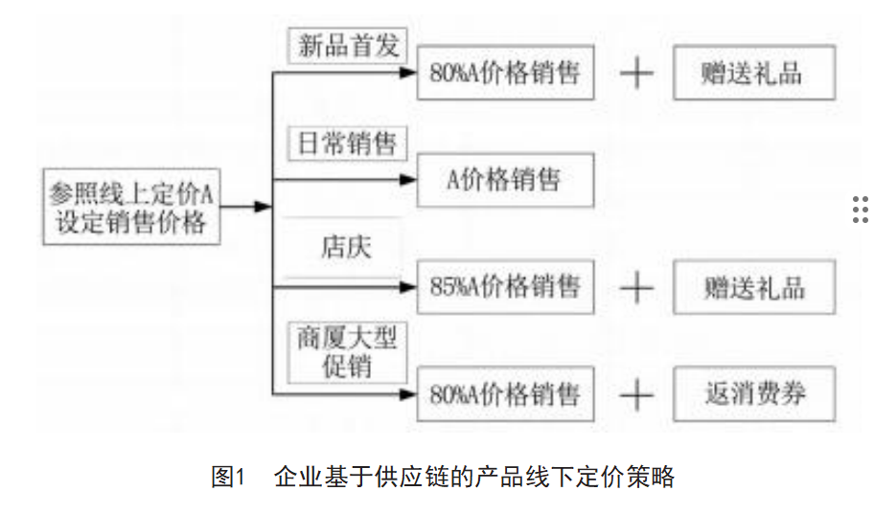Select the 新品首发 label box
(x=348, y=46)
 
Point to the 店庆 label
(x=345, y=247)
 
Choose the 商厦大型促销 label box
(x=347, y=351)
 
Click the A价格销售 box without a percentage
(x=505, y=179)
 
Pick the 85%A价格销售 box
(x=505, y=286)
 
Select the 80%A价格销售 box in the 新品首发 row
(x=505, y=73)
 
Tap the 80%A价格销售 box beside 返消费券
(x=505, y=393)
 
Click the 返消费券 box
(x=754, y=393)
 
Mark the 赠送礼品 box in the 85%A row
(x=754, y=286)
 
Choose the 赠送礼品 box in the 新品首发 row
(x=754, y=73)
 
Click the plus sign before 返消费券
(x=636, y=393)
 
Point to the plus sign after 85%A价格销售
(x=636, y=286)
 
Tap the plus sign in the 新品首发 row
(x=636, y=73)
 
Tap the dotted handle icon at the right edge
(x=860, y=209)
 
